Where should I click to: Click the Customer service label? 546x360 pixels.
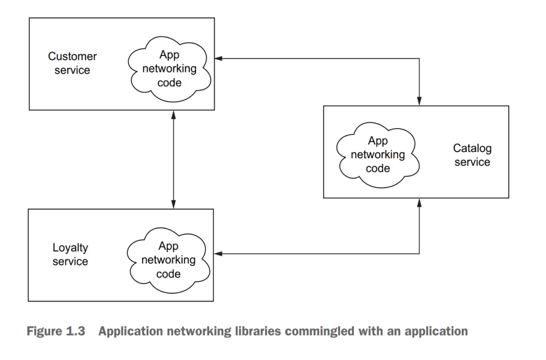[73, 63]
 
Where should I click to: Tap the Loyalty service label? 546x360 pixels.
[70, 254]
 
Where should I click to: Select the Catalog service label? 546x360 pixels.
[472, 155]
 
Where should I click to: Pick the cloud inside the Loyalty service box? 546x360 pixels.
[168, 260]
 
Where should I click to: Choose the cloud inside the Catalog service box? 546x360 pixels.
[378, 155]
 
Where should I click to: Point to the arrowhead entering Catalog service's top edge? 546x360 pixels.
[420, 101]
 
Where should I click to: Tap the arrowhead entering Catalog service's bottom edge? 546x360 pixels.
[420, 203]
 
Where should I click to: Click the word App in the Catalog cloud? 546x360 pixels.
[378, 141]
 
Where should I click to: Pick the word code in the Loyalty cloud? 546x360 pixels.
[168, 274]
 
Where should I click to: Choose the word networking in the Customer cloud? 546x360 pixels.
[169, 69]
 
